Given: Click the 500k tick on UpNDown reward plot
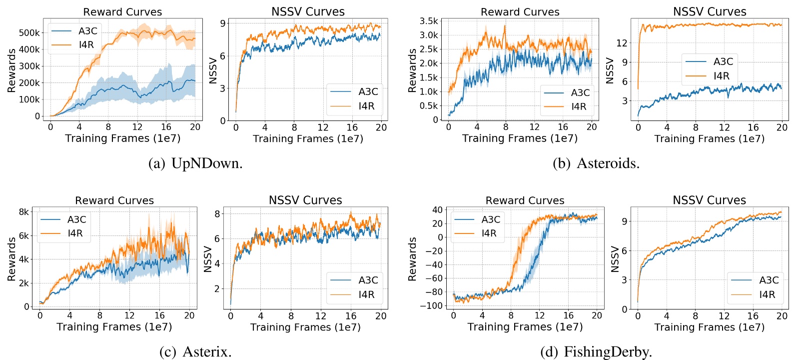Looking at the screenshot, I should click(x=29, y=33).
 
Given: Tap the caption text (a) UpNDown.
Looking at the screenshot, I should click(x=195, y=163).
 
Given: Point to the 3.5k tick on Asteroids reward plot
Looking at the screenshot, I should click(x=429, y=21).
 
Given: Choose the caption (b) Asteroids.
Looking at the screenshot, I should click(x=596, y=163).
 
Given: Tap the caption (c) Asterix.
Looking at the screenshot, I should click(x=195, y=351).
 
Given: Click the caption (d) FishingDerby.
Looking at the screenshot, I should click(x=596, y=351).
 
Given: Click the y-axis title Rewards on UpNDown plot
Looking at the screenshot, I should click(x=11, y=70).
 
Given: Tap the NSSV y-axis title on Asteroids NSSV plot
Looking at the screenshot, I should click(x=609, y=70).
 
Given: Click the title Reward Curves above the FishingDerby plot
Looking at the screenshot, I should click(x=525, y=200).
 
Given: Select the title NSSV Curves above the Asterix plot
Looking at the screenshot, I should click(x=305, y=200).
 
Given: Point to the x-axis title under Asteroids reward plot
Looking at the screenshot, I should click(x=520, y=138).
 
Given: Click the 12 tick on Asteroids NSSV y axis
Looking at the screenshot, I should click(x=622, y=43).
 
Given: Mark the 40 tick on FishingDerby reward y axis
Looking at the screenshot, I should click(x=437, y=210).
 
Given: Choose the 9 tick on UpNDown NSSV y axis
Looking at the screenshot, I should click(x=223, y=23).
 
